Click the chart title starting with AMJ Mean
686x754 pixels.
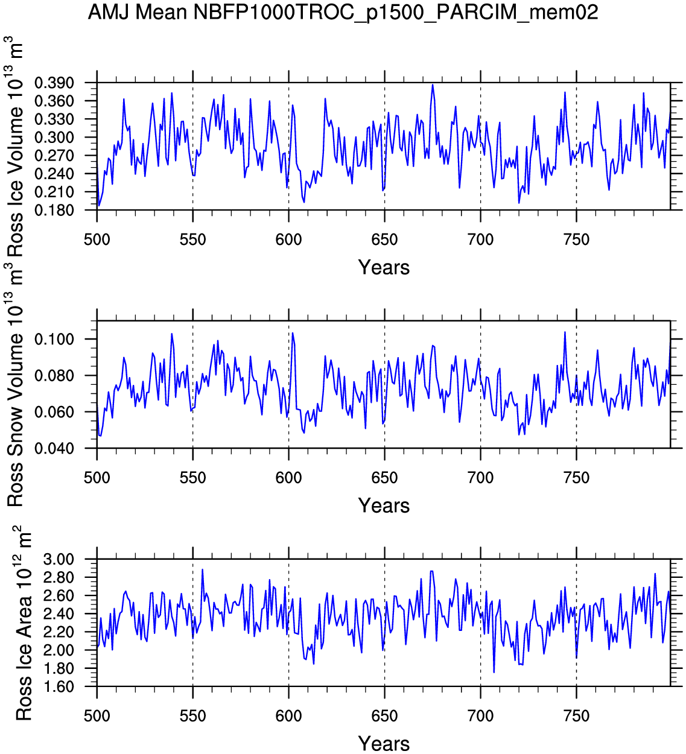343,12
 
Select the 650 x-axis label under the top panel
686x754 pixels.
384,240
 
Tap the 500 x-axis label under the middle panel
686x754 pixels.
97,478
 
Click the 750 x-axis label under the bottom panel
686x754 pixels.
576,717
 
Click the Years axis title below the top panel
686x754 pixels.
384,267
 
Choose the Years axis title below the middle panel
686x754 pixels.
384,505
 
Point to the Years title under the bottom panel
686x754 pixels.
384,743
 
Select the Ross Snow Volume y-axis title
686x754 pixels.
14,386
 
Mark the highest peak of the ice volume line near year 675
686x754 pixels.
433,84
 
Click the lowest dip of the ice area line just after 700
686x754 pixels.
494,672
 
